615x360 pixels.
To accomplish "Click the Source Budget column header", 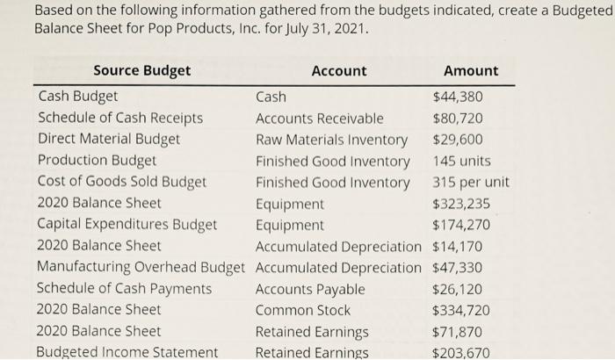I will pos(141,70).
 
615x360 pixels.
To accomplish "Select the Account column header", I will pos(339,70).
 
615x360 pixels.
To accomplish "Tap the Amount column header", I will pos(470,70).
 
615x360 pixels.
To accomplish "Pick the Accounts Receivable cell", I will pos(319,118).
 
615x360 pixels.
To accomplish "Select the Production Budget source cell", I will pos(97,161).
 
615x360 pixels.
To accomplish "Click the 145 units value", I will pos(461,161).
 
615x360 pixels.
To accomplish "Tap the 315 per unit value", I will pos(470,183).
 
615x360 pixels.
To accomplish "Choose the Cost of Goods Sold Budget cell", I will pos(122,183).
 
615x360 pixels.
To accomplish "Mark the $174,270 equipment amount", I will pos(461,225).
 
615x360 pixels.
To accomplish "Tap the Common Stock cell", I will pos(302,310).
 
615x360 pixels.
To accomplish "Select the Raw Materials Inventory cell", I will pos(331,140).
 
